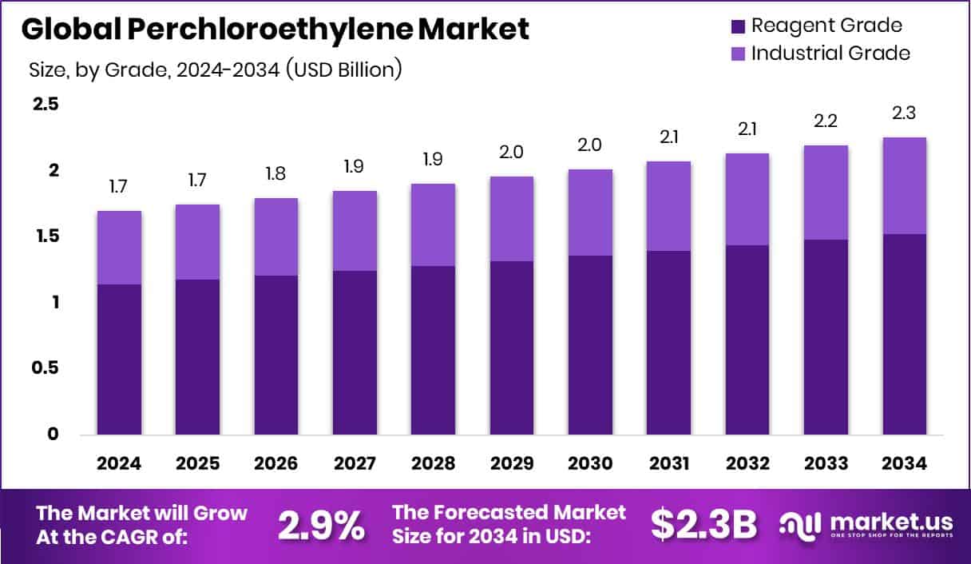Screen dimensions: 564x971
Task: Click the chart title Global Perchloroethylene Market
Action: click(275, 30)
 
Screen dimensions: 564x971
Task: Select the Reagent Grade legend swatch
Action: click(739, 26)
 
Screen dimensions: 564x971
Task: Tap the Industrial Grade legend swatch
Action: click(739, 54)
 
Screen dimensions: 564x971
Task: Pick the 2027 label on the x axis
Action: click(355, 464)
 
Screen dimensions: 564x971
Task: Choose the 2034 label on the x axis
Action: click(904, 464)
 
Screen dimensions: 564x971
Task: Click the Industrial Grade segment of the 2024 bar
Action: click(120, 248)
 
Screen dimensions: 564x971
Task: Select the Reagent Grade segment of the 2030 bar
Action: click(590, 345)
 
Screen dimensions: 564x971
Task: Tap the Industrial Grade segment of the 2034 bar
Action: click(904, 185)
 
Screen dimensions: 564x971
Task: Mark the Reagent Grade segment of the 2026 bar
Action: click(276, 355)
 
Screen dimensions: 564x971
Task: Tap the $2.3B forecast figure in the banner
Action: click(703, 524)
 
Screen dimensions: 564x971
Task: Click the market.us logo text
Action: click(891, 522)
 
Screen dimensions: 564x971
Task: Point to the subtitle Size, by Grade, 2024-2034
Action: click(216, 70)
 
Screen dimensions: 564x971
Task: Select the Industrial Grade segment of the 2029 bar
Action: click(512, 219)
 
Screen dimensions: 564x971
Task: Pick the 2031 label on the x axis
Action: click(668, 464)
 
